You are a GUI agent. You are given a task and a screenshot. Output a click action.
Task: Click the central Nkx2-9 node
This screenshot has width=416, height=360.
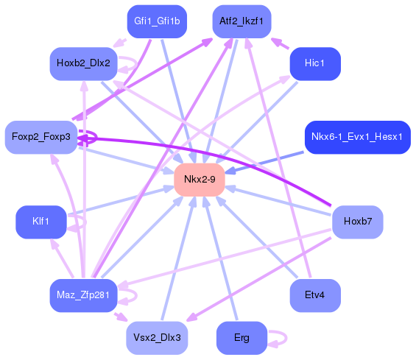[x=200, y=180]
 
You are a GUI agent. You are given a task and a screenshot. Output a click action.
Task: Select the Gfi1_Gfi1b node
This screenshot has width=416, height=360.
[x=156, y=21]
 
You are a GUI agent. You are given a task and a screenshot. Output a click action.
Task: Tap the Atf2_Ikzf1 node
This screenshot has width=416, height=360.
[x=242, y=21]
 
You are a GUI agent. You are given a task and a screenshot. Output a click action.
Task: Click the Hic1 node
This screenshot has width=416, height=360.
[x=314, y=63]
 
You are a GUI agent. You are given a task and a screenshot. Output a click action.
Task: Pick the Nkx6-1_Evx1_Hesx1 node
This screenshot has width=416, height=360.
[x=356, y=137]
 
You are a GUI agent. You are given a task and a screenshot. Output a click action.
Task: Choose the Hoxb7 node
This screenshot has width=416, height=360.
[x=357, y=221]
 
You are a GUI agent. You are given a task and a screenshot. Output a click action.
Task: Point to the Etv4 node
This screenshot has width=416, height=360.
[x=314, y=294]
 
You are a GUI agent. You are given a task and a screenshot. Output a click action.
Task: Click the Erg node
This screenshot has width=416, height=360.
[x=241, y=338]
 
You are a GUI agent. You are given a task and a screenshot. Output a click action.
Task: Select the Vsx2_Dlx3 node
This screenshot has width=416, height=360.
[x=156, y=338]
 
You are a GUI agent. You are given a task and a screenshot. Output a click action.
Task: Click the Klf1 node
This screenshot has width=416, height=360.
[x=41, y=221]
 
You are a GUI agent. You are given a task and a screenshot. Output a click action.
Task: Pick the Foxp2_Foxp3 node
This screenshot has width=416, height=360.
[x=41, y=137]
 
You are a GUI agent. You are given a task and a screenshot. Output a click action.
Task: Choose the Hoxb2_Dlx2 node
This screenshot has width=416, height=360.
[x=82, y=63]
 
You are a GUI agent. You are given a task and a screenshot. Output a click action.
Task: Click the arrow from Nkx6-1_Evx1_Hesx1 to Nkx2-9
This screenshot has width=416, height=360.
[x=265, y=161]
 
